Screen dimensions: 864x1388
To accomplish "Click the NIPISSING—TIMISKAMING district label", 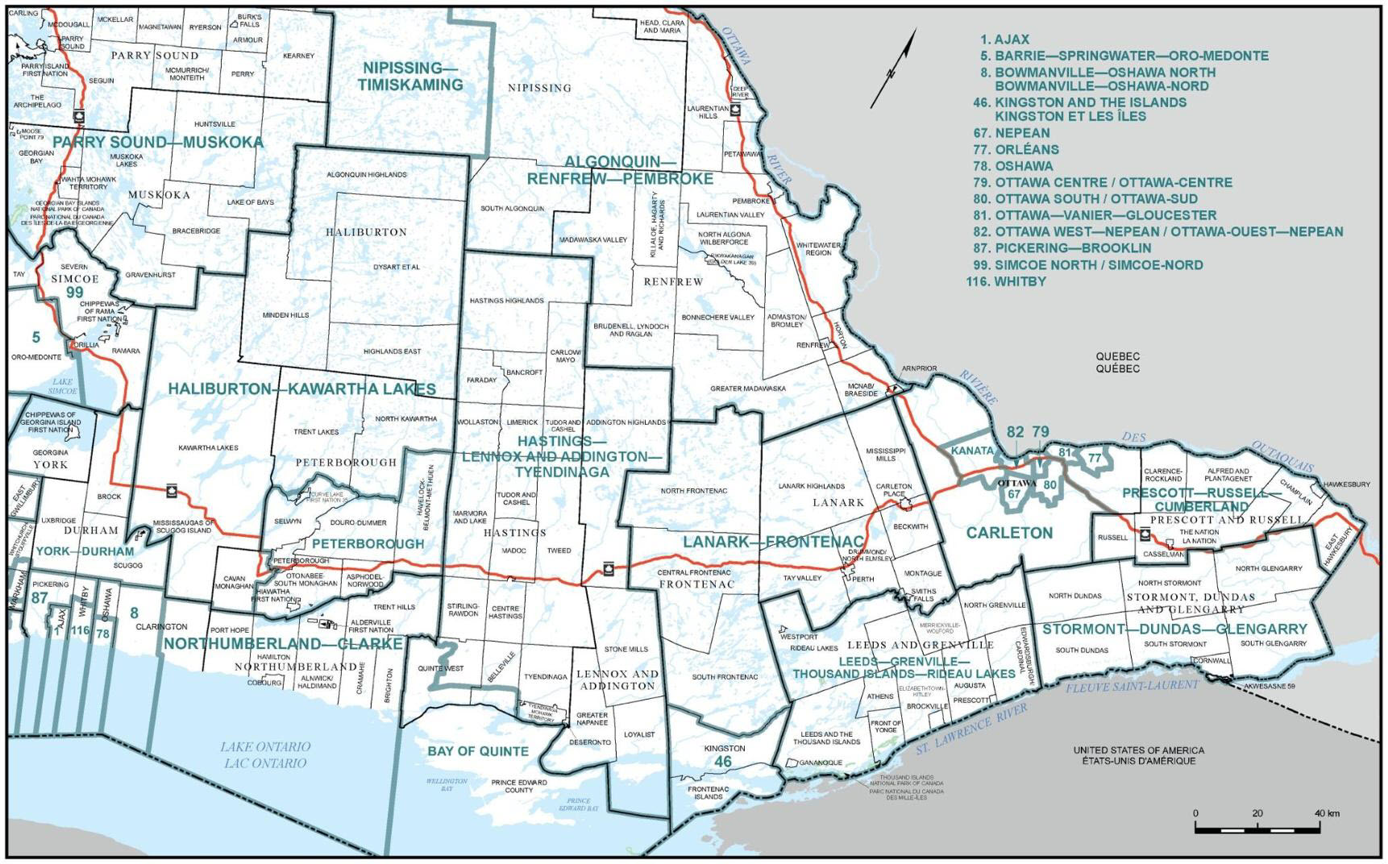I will (x=410, y=77).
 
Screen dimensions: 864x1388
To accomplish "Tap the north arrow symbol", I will (x=893, y=69).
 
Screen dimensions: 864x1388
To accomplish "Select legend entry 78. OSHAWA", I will (x=1012, y=166).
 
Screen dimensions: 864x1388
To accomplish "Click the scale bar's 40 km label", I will (x=1327, y=813).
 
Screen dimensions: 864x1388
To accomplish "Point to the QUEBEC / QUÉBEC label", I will (x=1117, y=363).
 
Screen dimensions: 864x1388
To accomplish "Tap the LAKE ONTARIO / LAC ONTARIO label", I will (x=265, y=755).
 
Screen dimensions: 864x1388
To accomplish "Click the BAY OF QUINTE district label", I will (x=478, y=751).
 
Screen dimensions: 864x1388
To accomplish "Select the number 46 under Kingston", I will (x=723, y=762).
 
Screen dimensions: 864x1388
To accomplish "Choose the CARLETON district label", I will (x=1009, y=533).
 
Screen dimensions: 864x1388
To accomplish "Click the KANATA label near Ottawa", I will (x=972, y=451).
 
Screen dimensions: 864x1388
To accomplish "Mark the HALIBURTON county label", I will (x=366, y=232).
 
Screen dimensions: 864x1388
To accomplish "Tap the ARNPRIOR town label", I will (x=919, y=368).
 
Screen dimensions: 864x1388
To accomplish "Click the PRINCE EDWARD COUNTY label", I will (x=519, y=786).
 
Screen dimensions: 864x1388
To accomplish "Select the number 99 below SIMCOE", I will (x=74, y=293).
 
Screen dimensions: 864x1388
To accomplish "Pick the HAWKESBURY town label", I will (x=1346, y=484).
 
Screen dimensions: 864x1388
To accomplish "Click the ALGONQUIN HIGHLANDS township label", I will (x=367, y=175).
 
